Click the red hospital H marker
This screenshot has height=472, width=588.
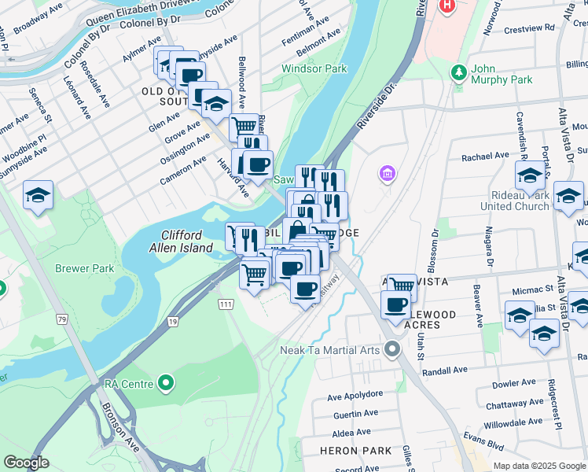447,6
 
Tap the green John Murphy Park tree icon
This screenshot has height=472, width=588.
460,72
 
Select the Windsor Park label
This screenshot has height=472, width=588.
314,69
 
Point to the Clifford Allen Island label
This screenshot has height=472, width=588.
187,242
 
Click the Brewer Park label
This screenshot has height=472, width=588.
84,268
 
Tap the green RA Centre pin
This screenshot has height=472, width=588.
165,384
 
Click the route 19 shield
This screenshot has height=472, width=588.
172,322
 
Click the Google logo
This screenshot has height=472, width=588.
26,463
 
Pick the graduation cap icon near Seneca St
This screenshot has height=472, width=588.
38,195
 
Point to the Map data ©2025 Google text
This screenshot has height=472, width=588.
538,466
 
